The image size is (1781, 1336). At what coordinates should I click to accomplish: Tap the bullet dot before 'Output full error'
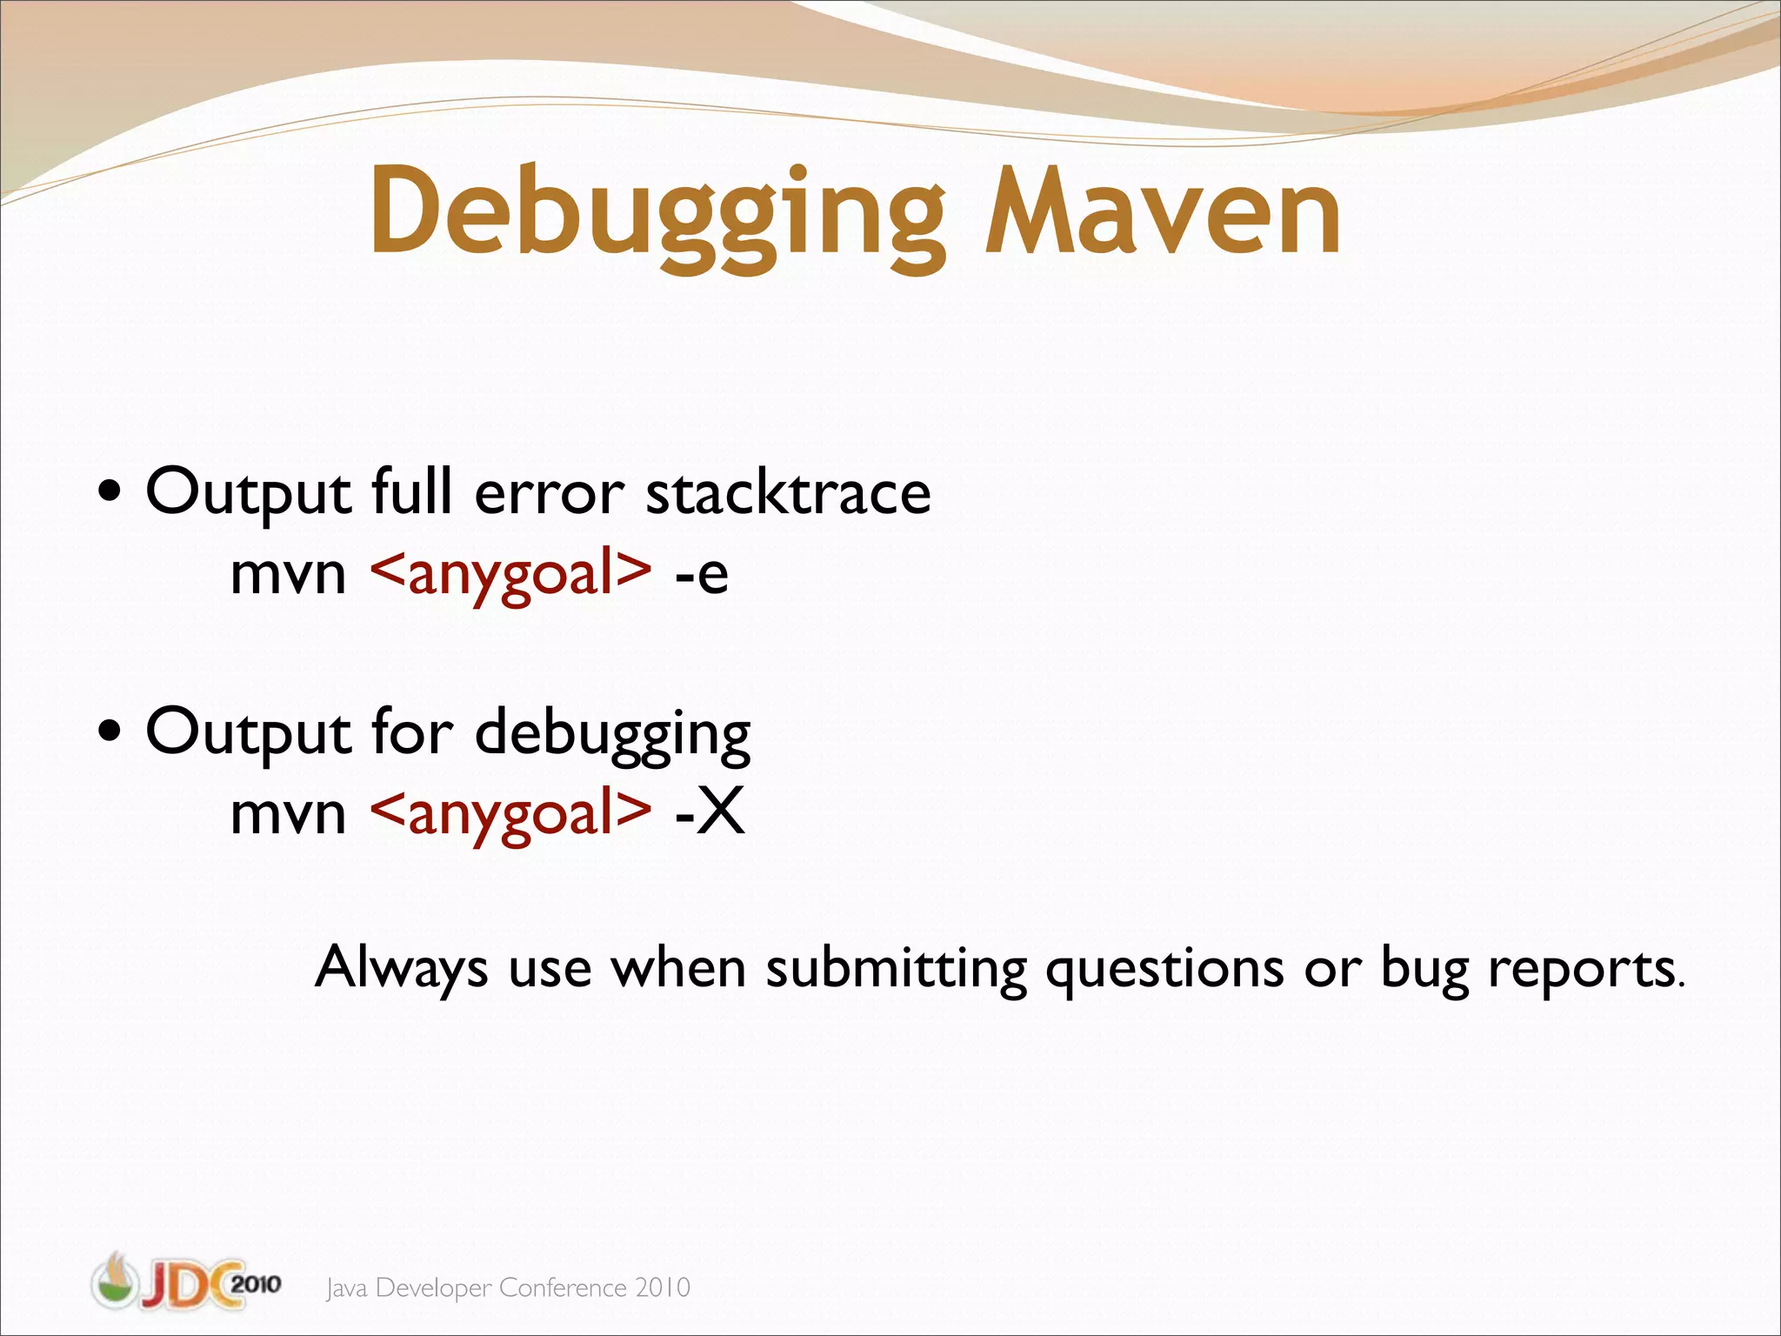pos(110,495)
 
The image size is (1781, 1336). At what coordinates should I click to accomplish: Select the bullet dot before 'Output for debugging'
pos(110,733)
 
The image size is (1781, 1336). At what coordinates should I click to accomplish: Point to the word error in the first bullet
pos(549,494)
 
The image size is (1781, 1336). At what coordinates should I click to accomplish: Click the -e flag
pos(701,574)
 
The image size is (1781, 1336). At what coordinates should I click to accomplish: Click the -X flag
pos(710,813)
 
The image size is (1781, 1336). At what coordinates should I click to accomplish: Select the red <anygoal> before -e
pos(510,574)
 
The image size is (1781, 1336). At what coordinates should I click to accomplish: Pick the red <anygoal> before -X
pos(510,813)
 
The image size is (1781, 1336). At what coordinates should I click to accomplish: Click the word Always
pos(401,967)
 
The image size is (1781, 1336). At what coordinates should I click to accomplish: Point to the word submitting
pos(896,967)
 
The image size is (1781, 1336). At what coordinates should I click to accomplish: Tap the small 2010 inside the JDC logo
pos(257,1285)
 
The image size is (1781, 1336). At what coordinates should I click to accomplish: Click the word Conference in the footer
pos(563,1287)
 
